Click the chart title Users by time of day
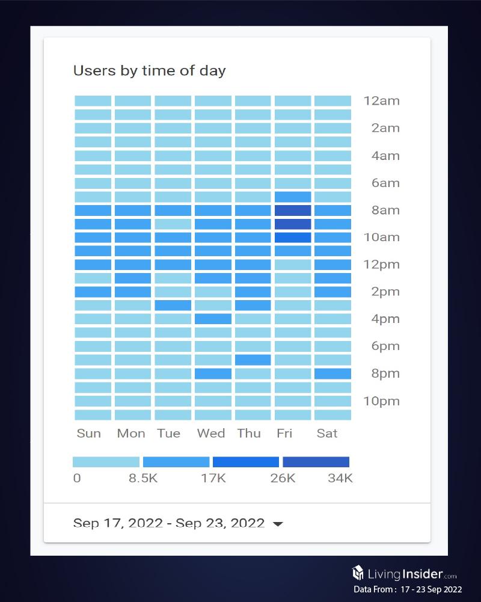point(149,70)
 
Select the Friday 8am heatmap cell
point(293,210)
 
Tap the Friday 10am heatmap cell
point(293,238)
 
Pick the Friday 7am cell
point(293,197)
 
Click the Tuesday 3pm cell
point(173,305)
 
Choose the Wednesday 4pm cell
point(213,319)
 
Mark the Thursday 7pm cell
point(253,360)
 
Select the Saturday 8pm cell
point(332,373)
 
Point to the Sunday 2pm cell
point(93,292)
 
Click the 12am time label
point(381,100)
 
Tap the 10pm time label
point(381,401)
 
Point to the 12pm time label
point(381,265)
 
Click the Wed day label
point(211,433)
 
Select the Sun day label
point(89,433)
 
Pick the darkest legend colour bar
point(316,462)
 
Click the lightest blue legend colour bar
point(106,462)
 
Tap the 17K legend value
point(213,479)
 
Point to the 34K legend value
point(340,479)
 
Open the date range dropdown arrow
point(278,524)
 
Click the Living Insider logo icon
point(358,572)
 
